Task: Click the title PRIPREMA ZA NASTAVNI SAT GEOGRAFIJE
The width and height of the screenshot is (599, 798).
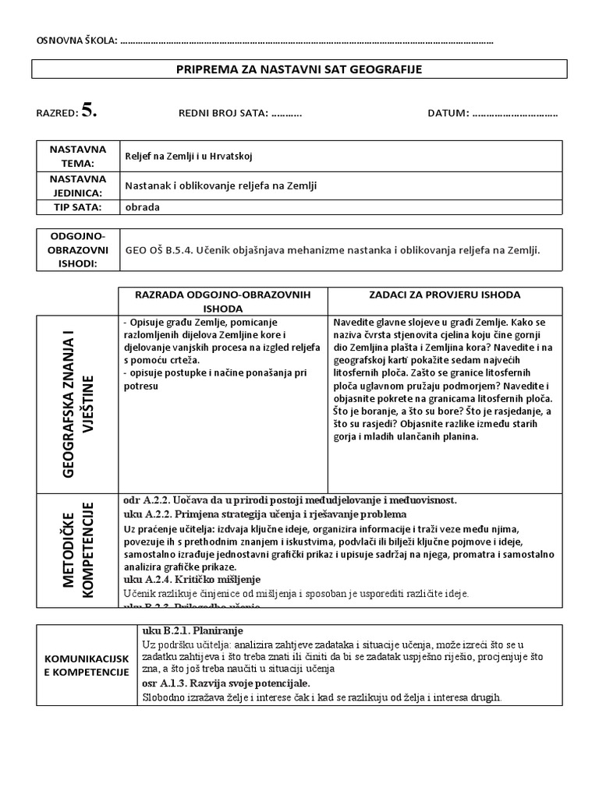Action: [x=299, y=70]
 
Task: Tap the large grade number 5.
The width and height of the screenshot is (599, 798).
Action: [x=88, y=111]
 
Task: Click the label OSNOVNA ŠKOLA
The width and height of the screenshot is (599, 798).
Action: [x=73, y=41]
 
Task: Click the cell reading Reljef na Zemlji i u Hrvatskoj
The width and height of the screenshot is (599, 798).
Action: [x=184, y=155]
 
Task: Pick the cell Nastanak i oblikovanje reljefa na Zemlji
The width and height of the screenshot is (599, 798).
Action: [x=222, y=185]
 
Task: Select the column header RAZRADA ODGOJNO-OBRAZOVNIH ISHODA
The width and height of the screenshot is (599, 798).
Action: [x=223, y=301]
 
